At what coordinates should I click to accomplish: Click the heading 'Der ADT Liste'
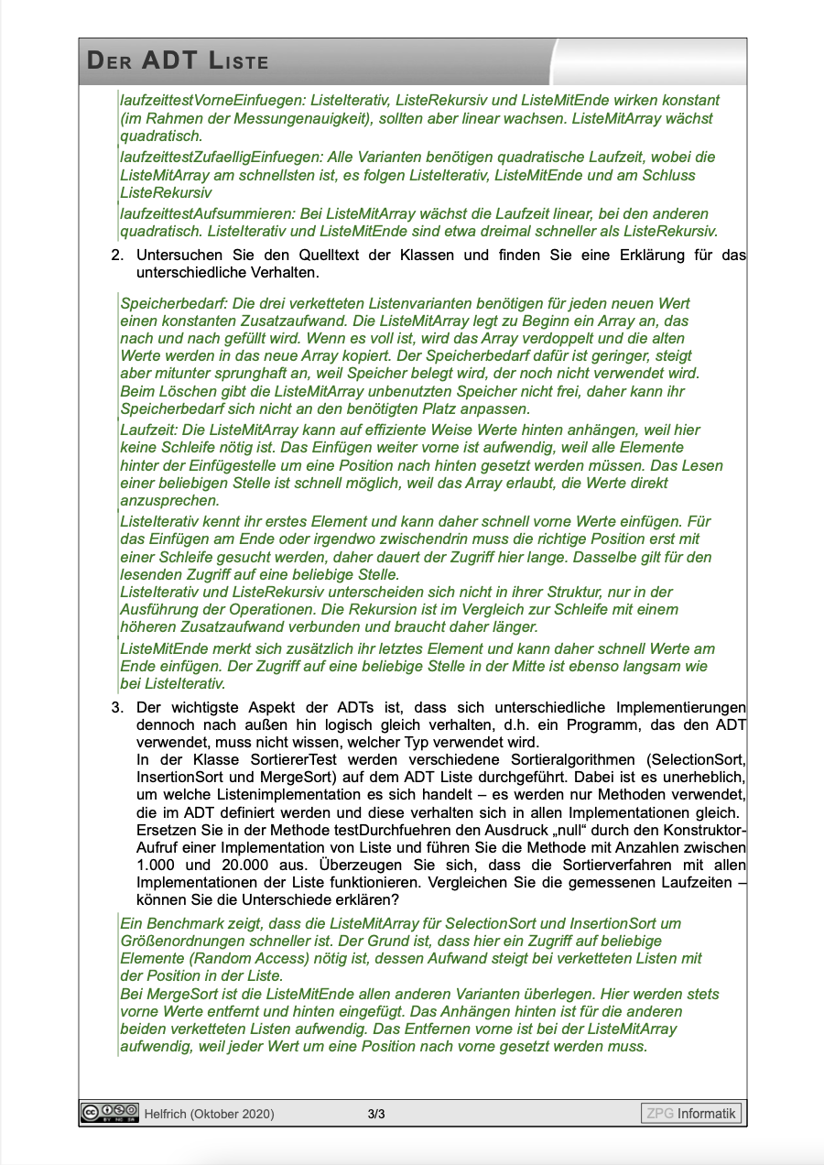[x=178, y=62]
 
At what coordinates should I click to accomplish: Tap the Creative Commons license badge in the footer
[x=110, y=1112]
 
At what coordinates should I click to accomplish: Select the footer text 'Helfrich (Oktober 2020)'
[x=210, y=1114]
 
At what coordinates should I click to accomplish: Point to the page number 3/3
[x=375, y=1114]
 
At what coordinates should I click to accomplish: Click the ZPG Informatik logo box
[x=691, y=1114]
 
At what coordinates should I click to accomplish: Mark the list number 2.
[x=116, y=256]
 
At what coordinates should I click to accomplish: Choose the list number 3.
[x=116, y=708]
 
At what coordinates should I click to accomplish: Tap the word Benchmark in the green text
[x=176, y=924]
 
